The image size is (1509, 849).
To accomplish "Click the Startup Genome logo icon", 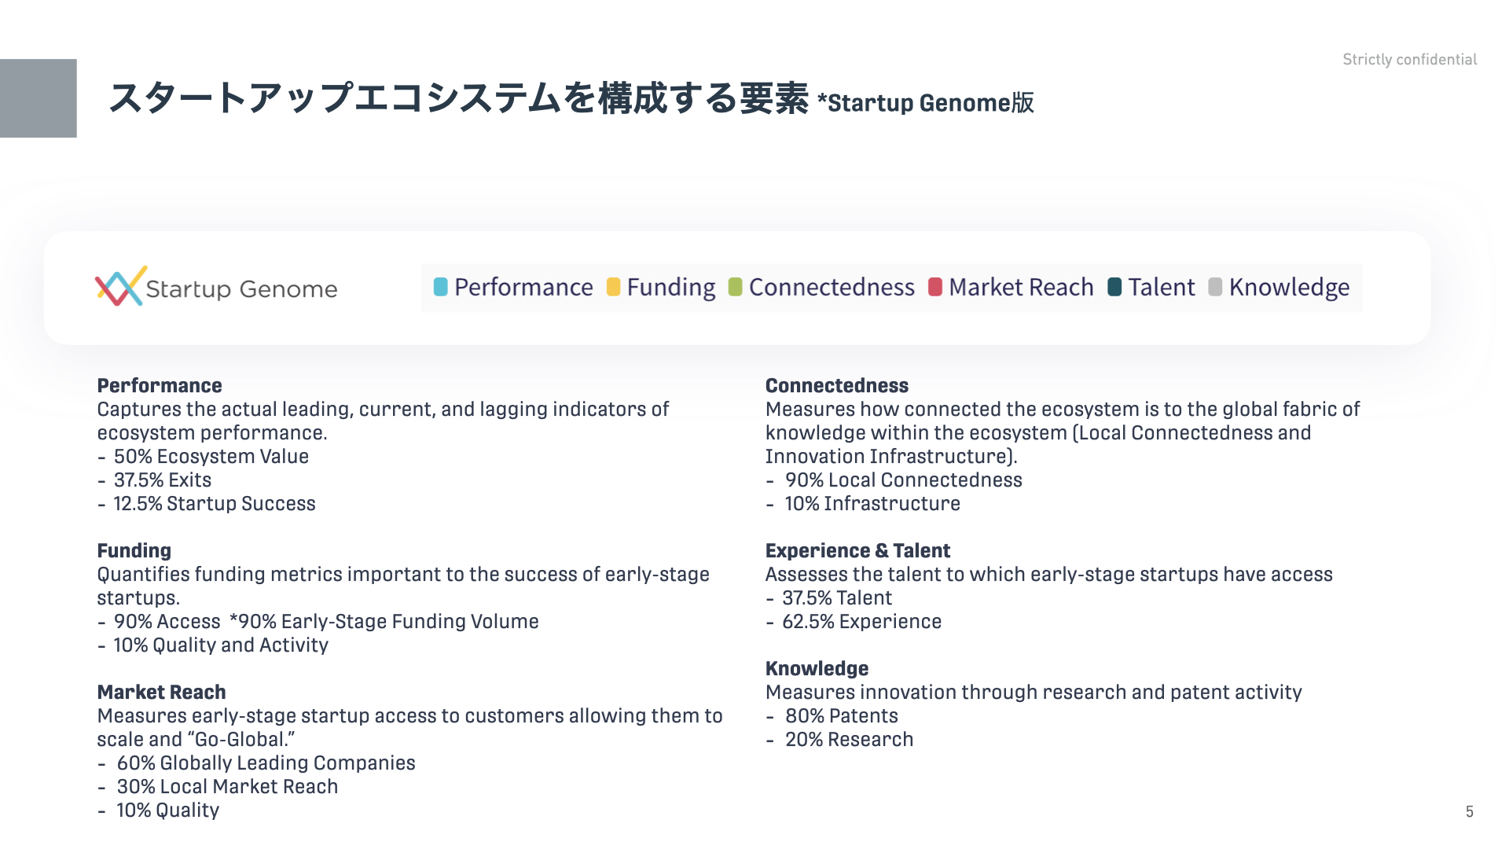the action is [x=120, y=286].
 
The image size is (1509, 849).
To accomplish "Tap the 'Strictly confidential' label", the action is [x=1409, y=60].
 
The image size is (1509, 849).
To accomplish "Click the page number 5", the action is [x=1469, y=811].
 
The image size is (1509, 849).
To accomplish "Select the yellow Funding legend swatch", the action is [x=613, y=287].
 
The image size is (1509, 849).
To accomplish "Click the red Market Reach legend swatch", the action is [x=935, y=287].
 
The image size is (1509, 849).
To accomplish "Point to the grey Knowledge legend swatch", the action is [x=1215, y=287].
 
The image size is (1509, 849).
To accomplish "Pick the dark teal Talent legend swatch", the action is [x=1114, y=287].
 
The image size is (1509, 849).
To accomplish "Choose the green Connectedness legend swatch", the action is [x=735, y=287].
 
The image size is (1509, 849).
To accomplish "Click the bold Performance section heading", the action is [x=160, y=385].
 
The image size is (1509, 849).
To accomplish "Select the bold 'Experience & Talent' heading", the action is [x=857, y=550].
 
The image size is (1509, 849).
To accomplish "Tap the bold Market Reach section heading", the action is [x=161, y=692].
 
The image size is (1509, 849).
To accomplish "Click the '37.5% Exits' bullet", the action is [x=162, y=480].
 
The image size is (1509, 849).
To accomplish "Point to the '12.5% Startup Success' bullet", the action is [x=214, y=503].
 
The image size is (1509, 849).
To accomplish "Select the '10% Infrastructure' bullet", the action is [x=872, y=503].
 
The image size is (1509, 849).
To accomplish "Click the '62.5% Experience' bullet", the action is [x=861, y=621].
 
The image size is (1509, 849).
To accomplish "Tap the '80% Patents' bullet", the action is [x=841, y=715].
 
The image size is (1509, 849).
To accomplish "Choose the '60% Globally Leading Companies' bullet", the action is [x=266, y=763].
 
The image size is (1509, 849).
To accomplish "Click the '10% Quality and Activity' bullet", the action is [x=221, y=645].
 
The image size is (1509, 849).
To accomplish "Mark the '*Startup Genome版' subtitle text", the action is [x=926, y=103].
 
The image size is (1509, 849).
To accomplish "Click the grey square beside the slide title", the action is [x=39, y=98].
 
